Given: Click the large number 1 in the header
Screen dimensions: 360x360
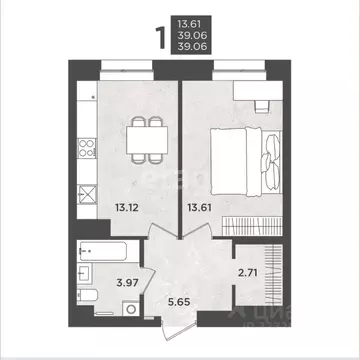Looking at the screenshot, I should [158, 38].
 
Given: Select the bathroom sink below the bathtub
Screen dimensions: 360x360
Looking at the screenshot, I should [85, 273].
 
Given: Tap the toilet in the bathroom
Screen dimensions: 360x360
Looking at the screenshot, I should [87, 300].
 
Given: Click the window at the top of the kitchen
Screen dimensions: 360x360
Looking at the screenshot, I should [126, 66].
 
